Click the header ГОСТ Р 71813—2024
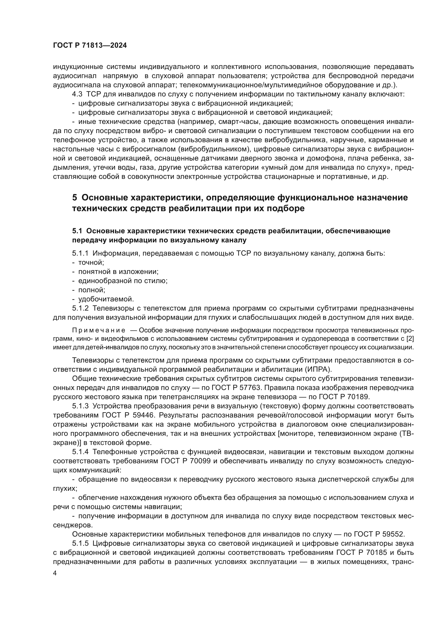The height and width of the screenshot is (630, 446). pos(90,46)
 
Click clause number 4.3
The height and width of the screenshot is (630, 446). pos(77,94)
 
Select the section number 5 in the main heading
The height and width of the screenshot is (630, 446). pos(75,197)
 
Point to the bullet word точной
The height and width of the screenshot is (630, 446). pos(91,263)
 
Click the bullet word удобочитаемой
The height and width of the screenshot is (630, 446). pos(106,299)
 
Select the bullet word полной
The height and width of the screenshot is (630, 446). pos(92,290)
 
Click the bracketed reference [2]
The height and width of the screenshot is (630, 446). pos(410,338)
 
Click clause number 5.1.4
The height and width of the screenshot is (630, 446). pos(80,452)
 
